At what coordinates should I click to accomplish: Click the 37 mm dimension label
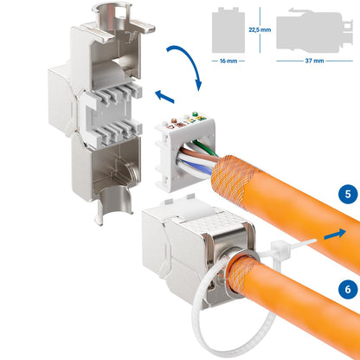pyautogui.click(x=311, y=62)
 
